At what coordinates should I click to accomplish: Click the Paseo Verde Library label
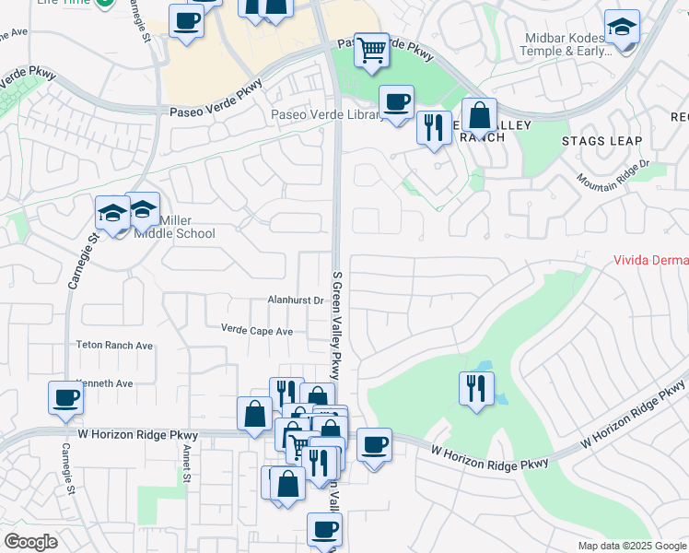point(326,115)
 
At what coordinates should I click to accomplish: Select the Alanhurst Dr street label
point(295,300)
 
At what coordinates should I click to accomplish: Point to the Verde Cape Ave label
point(257,330)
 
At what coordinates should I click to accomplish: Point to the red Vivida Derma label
point(650,261)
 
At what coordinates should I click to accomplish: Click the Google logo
point(31,542)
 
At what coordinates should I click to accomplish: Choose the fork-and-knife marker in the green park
point(475,386)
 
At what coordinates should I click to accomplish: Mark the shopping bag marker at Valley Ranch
point(479,116)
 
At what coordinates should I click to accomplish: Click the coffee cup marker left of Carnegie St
point(66,397)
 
